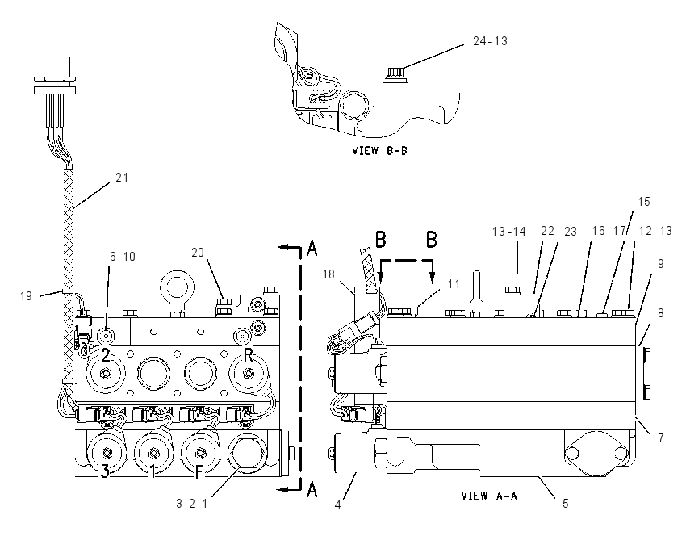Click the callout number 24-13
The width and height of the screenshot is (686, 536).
pos(490,41)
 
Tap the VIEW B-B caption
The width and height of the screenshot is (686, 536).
pos(379,150)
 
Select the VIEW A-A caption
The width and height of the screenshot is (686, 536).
pos(489,496)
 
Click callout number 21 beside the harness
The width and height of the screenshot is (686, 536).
pos(122,178)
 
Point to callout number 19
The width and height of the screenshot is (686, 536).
pos(27,296)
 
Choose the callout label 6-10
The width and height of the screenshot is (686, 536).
pos(123,257)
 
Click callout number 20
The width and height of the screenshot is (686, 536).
pos(198,253)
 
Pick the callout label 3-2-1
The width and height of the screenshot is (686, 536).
pos(191,504)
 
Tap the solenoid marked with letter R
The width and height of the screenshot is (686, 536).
pos(248,373)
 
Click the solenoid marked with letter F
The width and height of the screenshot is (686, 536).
pos(200,452)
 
